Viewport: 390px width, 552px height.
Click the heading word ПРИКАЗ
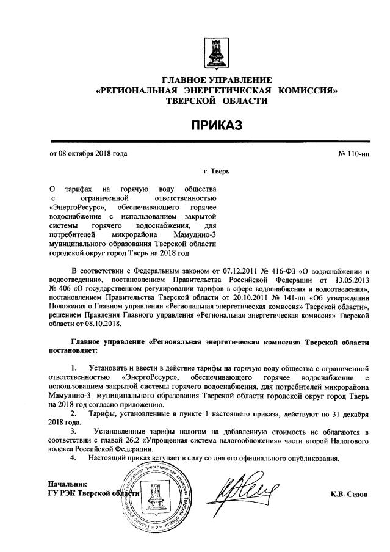(216, 125)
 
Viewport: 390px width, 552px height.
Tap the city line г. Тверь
(216, 172)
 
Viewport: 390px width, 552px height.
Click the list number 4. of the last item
(74, 458)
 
